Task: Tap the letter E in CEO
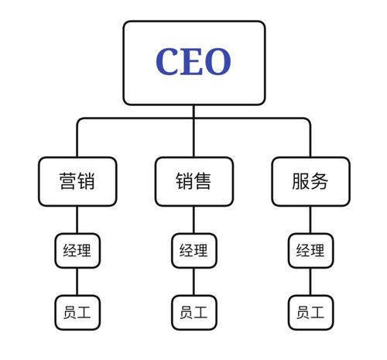(193, 62)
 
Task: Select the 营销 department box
(77, 182)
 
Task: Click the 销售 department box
(193, 182)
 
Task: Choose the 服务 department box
(310, 182)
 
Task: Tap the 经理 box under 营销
(77, 251)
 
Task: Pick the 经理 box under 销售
(193, 251)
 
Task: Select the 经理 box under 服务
(310, 251)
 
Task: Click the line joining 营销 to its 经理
(77, 220)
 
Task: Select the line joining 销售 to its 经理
(193, 220)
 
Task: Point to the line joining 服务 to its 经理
(310, 220)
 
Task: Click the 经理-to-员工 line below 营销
(77, 282)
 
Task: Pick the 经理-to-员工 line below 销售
(193, 282)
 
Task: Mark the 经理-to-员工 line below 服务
(310, 282)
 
